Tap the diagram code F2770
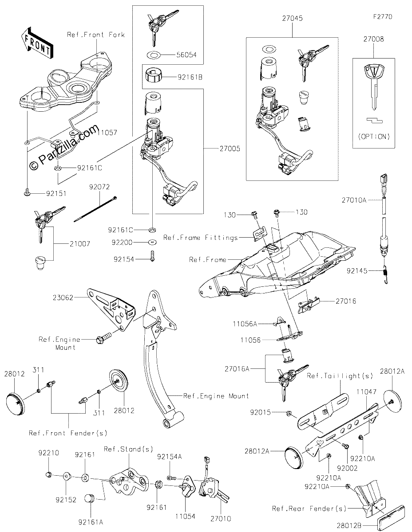[383, 17]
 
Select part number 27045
[292, 18]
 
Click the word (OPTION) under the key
[374, 137]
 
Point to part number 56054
[186, 55]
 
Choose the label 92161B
[190, 78]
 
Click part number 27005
[230, 149]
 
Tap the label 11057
[107, 133]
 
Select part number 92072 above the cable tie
[99, 187]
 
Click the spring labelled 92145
[385, 275]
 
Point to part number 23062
[63, 297]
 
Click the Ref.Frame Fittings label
[201, 238]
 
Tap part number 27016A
[237, 369]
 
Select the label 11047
[366, 392]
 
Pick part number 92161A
[91, 522]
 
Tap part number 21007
[80, 244]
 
